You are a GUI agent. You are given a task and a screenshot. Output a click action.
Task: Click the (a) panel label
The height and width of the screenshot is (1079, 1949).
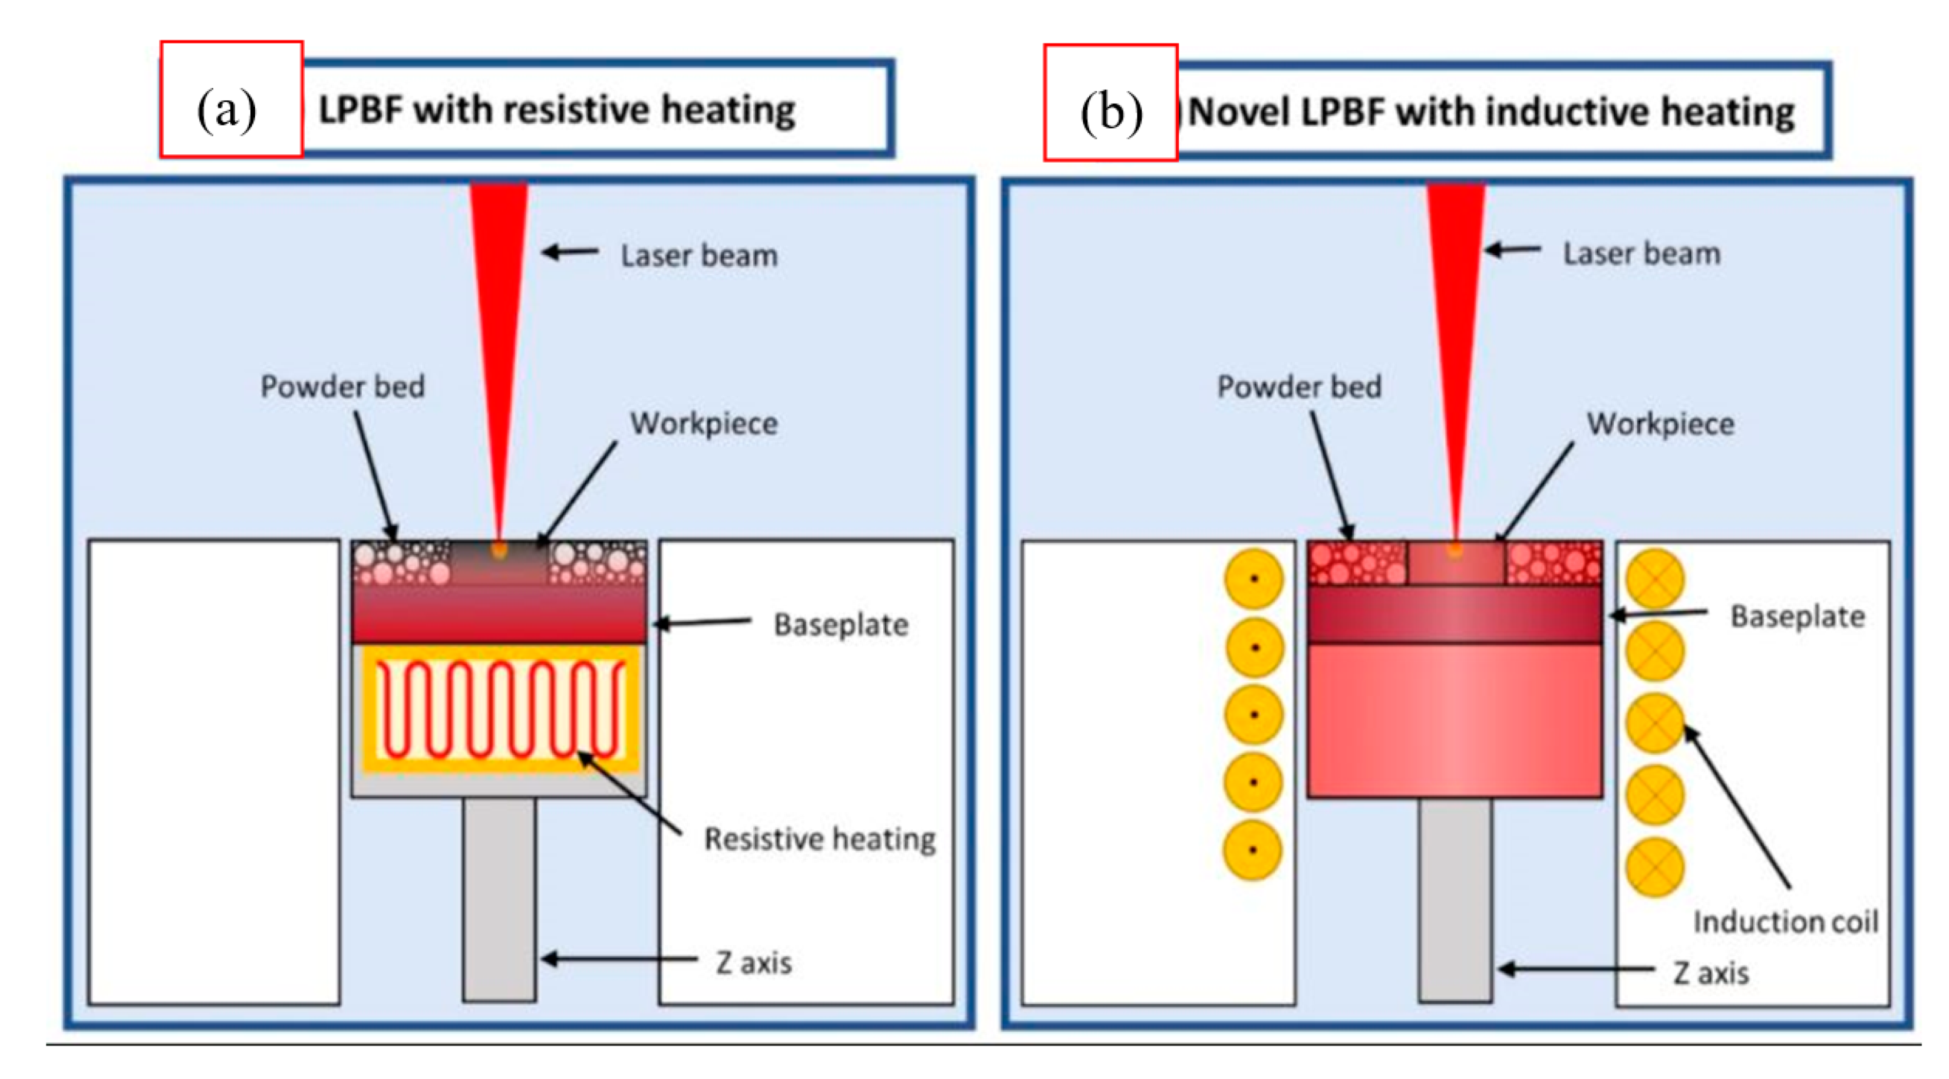227,110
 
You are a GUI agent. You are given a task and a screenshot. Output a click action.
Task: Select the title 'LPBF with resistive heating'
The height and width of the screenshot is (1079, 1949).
556,110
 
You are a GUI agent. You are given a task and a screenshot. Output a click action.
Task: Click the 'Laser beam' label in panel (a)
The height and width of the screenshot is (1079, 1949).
699,255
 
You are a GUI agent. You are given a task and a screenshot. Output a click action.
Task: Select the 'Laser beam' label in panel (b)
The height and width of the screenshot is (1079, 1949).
1642,253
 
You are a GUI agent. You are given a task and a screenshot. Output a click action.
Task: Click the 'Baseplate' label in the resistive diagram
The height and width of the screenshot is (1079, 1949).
840,624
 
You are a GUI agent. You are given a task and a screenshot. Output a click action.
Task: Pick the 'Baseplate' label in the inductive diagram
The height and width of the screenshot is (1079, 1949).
1798,616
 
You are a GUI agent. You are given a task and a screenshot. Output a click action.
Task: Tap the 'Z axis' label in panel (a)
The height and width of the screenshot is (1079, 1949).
754,962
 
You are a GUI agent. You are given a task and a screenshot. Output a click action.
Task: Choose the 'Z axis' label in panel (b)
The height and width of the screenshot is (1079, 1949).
1711,972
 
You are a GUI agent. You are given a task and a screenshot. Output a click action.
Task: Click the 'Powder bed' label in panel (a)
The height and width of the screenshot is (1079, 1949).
343,386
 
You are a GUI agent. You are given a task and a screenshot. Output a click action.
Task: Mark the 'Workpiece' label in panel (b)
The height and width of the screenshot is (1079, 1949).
1661,423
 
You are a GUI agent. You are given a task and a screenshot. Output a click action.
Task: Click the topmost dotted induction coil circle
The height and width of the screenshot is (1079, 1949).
1254,579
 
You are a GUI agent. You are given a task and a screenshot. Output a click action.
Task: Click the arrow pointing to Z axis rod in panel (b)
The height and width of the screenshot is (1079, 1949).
1575,969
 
